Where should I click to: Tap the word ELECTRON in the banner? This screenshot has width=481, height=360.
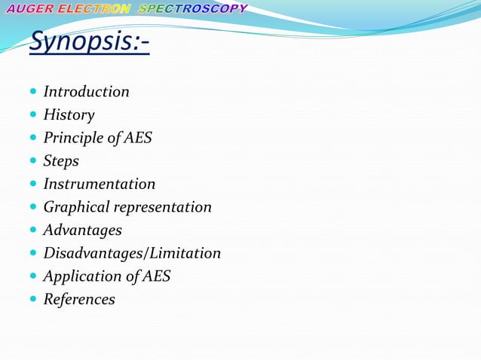tap(94, 9)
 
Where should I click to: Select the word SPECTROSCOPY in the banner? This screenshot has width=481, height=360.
tap(193, 9)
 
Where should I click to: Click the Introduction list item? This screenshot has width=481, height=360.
tap(86, 92)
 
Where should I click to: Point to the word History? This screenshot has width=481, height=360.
tap(69, 115)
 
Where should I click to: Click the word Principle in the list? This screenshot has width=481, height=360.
tap(73, 138)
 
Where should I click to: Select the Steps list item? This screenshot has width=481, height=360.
tap(61, 161)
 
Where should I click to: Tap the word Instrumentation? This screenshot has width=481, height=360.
tap(100, 184)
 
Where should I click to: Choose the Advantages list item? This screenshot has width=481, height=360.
tap(82, 230)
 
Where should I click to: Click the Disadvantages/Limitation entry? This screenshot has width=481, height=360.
tap(132, 253)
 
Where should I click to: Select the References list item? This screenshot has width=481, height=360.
tap(79, 300)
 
